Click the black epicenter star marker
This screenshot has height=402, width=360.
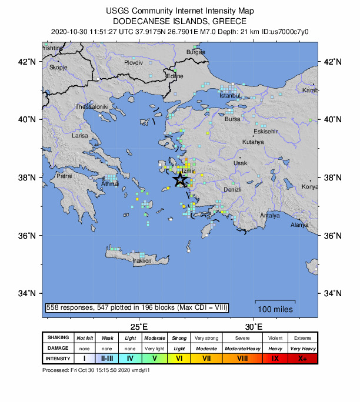pos(180,180)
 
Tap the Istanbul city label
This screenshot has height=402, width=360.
pos(230,96)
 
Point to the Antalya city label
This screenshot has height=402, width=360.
pos(269,216)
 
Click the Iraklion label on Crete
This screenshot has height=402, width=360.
pos(142,260)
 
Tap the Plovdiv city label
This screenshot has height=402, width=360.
pos(134,62)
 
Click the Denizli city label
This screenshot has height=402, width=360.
pos(233,189)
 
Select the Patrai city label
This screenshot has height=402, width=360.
pos(64,176)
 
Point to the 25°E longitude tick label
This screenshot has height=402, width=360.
pos(138,327)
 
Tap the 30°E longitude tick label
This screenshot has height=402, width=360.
pos(254,327)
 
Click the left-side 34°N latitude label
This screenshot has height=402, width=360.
pos(29,293)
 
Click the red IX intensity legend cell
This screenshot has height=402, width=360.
pos(275,359)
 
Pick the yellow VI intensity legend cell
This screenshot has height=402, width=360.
pos(179,359)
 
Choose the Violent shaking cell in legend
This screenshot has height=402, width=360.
pos(275,338)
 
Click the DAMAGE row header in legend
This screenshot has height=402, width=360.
pos(58,349)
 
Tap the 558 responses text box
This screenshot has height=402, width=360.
pos(136,307)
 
